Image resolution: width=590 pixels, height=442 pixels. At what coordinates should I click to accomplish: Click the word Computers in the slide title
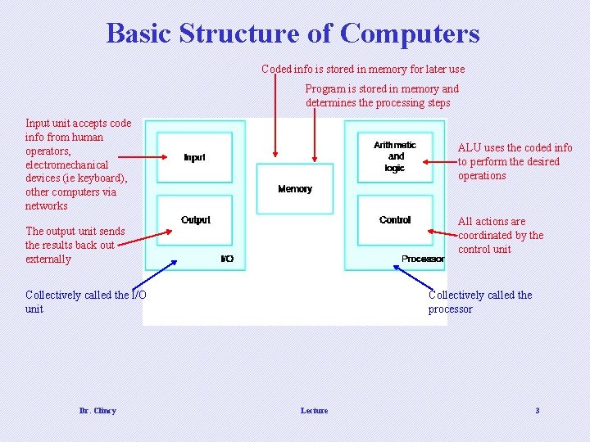(410, 34)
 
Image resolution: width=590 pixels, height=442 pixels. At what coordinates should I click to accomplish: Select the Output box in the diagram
(195, 220)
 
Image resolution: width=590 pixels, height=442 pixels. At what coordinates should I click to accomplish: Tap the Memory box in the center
(295, 188)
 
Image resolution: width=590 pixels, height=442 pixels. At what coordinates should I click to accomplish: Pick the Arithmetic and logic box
(395, 156)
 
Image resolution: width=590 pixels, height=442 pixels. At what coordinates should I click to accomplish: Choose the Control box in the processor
(395, 220)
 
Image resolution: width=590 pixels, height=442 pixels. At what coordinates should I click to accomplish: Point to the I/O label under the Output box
(227, 259)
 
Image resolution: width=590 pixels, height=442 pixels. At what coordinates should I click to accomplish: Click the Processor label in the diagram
(423, 259)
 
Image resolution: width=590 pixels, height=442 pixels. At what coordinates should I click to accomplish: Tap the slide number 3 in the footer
(537, 410)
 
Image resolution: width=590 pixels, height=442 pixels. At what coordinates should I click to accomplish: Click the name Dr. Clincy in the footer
(98, 410)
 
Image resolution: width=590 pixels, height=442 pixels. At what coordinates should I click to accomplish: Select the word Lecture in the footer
(314, 410)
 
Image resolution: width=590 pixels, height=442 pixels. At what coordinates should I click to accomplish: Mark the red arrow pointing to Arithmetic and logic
(439, 163)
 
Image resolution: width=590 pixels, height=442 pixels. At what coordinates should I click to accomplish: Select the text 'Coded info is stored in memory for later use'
(363, 69)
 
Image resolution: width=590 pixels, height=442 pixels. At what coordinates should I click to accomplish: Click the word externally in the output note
(48, 259)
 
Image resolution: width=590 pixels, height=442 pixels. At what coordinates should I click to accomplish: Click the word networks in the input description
(47, 206)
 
